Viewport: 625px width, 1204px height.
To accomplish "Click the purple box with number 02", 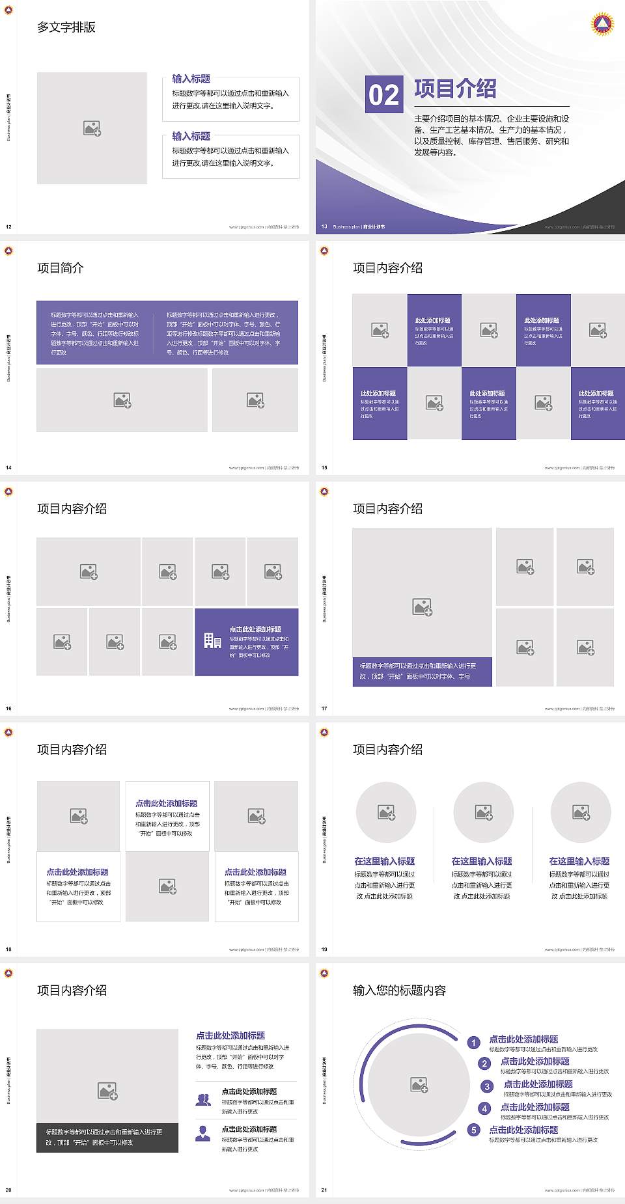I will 383,94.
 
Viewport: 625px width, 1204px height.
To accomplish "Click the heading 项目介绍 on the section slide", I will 455,89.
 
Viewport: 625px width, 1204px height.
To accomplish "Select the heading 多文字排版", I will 66,27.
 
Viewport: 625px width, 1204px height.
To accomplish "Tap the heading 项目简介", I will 61,268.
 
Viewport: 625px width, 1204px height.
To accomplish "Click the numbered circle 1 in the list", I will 474,1043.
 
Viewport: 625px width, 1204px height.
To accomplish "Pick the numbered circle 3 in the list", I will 487,1086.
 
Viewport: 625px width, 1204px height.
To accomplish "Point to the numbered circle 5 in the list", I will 474,1130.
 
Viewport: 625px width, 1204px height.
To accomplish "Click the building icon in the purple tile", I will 212,641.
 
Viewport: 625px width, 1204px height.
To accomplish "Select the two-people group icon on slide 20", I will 203,1099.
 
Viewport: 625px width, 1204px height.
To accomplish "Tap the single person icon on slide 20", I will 203,1134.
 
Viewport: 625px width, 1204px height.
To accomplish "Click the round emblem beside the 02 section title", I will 602,24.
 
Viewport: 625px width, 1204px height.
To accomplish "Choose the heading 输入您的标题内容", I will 399,991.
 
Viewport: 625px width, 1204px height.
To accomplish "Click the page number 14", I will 8,467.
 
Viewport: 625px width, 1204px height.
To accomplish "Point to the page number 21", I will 324,1190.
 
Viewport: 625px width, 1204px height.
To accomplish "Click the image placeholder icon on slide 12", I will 92,129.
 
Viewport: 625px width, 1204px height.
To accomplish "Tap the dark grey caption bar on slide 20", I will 107,1137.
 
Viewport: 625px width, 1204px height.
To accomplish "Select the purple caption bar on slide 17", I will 422,671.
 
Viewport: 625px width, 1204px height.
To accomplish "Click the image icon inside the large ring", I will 419,1084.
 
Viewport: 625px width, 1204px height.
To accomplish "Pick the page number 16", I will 8,708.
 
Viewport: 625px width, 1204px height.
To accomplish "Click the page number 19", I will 324,949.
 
